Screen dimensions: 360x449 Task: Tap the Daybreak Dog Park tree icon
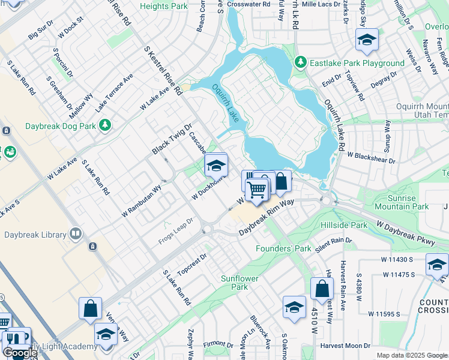coord(105,125)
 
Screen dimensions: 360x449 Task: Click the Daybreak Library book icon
coord(76,233)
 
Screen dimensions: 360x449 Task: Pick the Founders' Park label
coord(283,248)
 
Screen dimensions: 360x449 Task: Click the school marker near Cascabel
coord(216,164)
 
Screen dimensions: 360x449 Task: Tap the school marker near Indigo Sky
coord(367,40)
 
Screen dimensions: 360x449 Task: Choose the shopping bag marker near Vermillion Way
coord(90,308)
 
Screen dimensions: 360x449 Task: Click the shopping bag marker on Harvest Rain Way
coord(322,288)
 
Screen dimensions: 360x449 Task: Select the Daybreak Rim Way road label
coord(267,217)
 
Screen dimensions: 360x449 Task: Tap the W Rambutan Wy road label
coord(141,201)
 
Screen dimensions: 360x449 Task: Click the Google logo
coord(20,353)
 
